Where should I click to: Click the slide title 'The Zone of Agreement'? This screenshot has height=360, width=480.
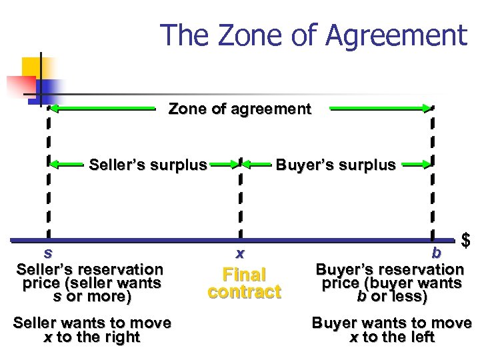coord(313,35)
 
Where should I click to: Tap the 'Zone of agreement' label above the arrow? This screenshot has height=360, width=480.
coord(239,109)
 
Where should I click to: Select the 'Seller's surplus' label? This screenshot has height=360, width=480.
coord(147,164)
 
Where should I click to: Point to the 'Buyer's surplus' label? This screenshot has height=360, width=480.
coord(335,164)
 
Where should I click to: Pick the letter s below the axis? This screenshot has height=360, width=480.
coord(47,253)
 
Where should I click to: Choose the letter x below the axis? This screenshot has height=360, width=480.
coord(239,253)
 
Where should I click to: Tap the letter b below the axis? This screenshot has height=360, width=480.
coord(436,253)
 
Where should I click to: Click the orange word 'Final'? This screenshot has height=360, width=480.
coord(244,275)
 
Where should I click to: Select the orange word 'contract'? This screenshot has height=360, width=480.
coord(244,292)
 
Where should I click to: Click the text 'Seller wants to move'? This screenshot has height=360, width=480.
coord(92,323)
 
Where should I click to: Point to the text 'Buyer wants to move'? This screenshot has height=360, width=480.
coord(391,323)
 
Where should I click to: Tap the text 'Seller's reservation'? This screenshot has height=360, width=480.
coord(89,269)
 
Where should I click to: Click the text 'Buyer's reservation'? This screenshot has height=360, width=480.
coord(389,269)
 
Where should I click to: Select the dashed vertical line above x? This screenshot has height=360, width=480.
coord(239,200)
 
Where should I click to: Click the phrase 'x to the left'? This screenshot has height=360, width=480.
coord(391,337)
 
